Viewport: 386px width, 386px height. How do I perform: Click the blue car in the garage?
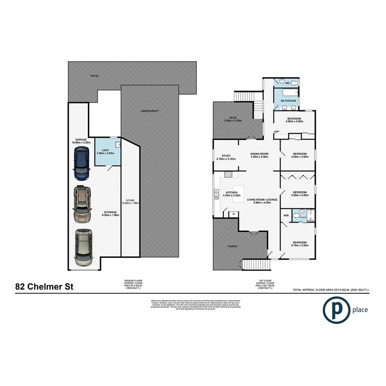(81, 163)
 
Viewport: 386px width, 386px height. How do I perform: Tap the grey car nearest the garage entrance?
(83, 248)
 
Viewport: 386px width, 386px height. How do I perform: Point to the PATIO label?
(94, 76)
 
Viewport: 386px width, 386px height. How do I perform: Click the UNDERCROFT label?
(150, 111)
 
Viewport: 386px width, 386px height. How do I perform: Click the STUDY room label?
(226, 156)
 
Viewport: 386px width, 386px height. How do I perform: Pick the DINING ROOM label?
(259, 154)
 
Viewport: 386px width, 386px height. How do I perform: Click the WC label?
(288, 83)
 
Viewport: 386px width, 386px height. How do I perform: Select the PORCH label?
(233, 246)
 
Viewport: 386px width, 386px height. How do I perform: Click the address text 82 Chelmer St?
(44, 286)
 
